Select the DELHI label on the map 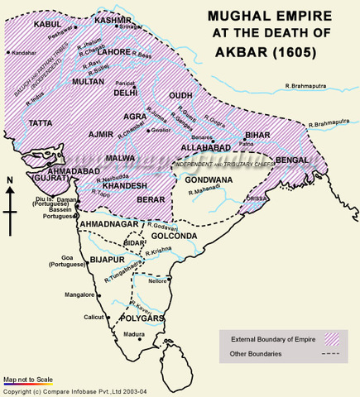pyautogui.click(x=125, y=93)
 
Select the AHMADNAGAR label pyautogui.click(x=107, y=224)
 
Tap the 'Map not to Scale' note pyautogui.click(x=28, y=379)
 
